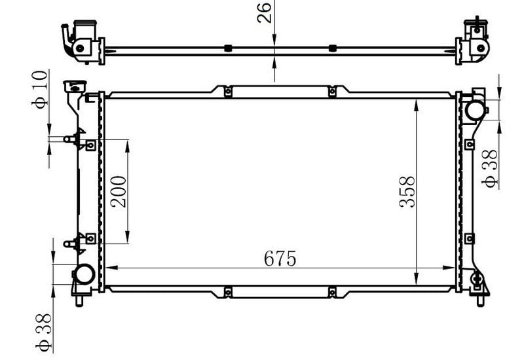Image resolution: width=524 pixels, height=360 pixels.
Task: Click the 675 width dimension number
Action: coord(280,258)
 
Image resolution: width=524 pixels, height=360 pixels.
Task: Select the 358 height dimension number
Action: coord(407,192)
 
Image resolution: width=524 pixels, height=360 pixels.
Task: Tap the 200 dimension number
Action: coord(119,192)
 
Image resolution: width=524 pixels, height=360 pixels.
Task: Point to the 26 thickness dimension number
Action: coord(264,12)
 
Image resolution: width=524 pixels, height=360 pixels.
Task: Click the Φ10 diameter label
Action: coord(40,89)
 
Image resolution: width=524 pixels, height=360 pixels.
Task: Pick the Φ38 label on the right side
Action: coord(489,169)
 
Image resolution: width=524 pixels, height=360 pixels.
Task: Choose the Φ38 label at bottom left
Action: coord(43,333)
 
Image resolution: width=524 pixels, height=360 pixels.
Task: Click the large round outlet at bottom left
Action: coord(84,274)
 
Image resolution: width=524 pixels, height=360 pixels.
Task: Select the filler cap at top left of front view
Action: coord(75,86)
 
